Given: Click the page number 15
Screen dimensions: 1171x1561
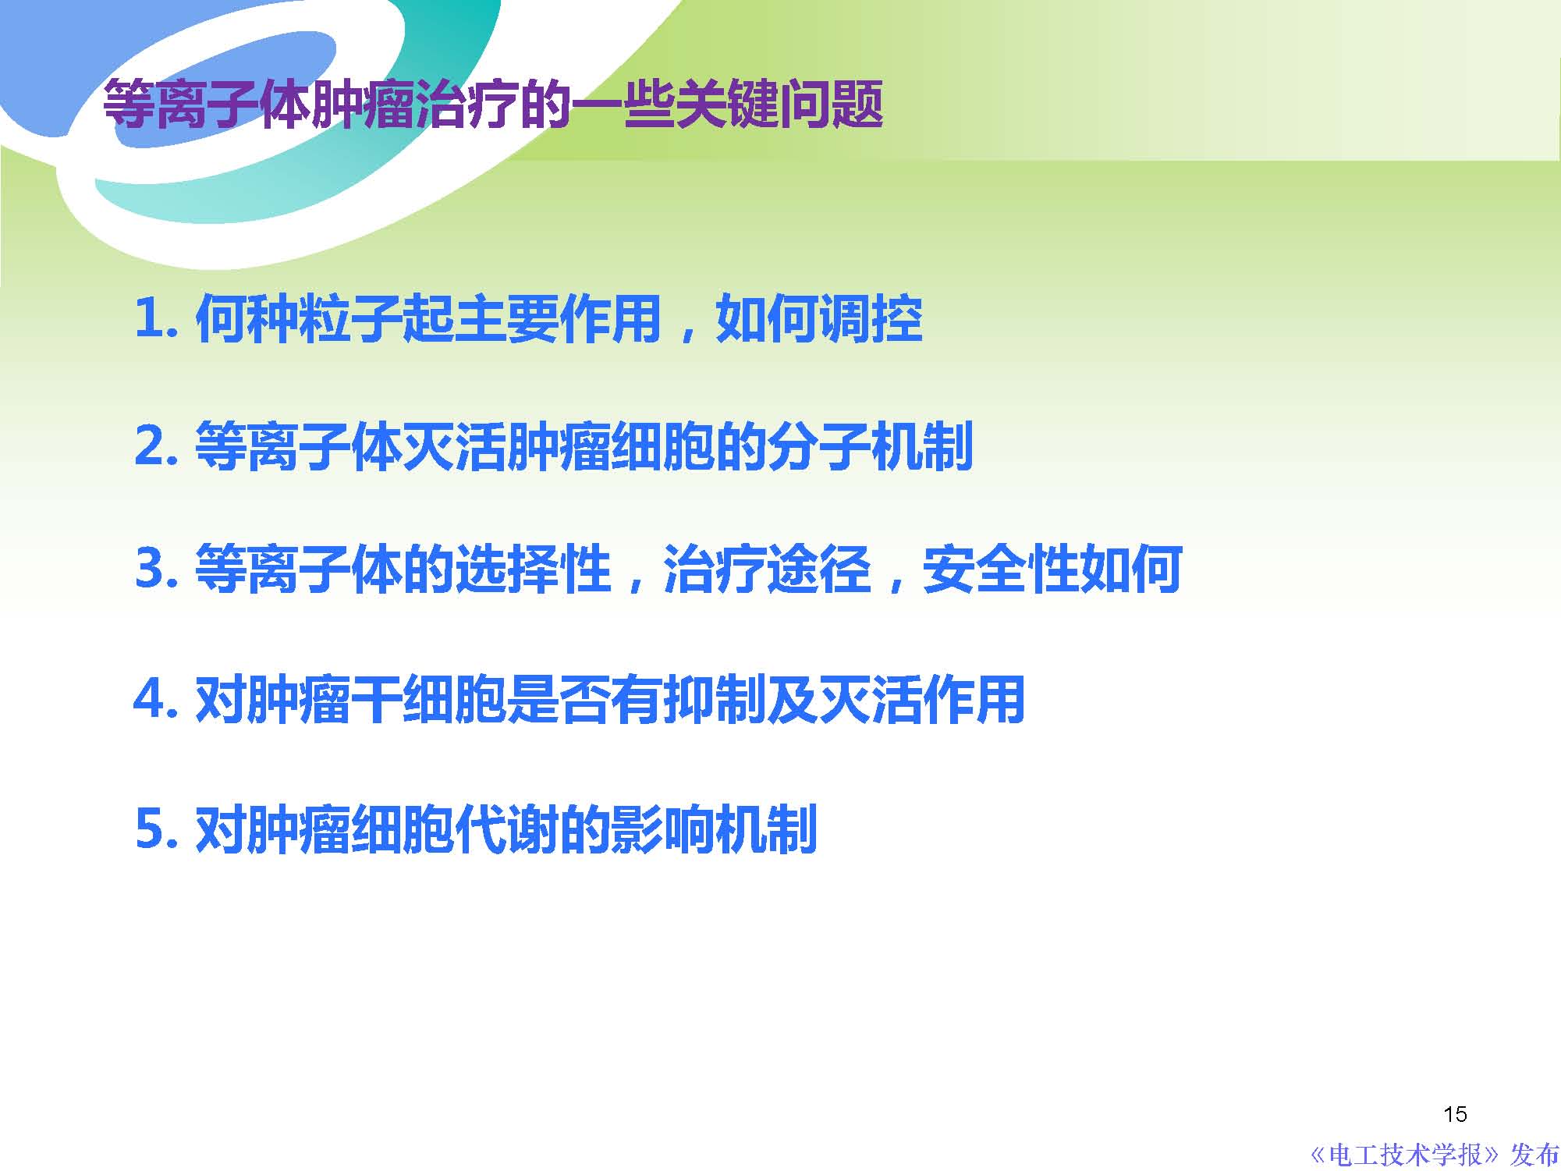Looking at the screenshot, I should pos(1455,1113).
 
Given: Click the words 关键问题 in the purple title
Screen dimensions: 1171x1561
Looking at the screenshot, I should pos(779,104).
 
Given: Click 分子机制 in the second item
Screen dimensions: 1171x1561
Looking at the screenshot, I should pos(870,446).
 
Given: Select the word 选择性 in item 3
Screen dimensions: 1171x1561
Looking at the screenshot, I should pos(533,569).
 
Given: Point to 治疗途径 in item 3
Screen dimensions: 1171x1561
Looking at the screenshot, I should pos(767,569).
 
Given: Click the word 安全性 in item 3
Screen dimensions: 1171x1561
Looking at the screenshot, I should pos(1000,569).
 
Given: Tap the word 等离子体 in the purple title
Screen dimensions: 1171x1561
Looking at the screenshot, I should pos(207,104).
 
